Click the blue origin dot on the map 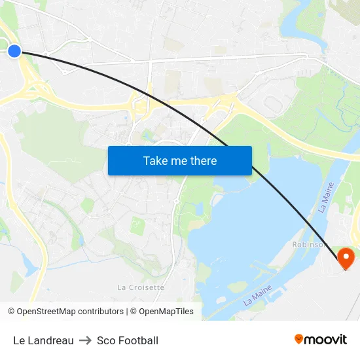pyautogui.click(x=14, y=50)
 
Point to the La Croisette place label pyautogui.click(x=141, y=287)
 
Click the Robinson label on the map pyautogui.click(x=308, y=244)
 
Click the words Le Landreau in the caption pyautogui.click(x=43, y=340)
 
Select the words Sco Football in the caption pyautogui.click(x=128, y=340)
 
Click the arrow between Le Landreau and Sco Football pyautogui.click(x=85, y=340)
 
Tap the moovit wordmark pyautogui.click(x=325, y=340)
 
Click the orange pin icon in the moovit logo pyautogui.click(x=299, y=339)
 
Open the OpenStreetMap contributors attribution pyautogui.click(x=70, y=312)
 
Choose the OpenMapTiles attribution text pyautogui.click(x=166, y=312)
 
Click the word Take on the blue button pyautogui.click(x=156, y=161)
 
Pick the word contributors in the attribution pyautogui.click(x=101, y=312)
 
